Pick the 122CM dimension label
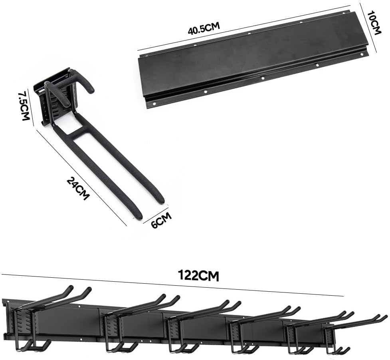tap(198, 275)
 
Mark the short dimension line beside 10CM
tap(368, 28)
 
